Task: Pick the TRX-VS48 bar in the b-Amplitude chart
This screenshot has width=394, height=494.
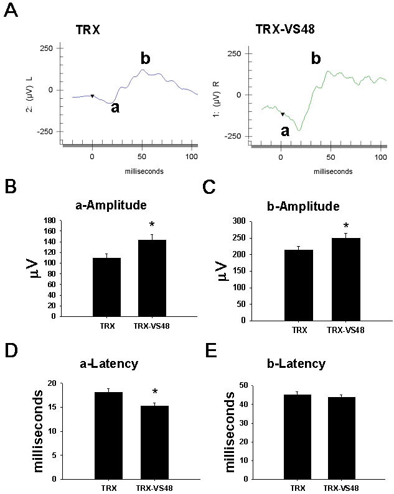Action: [337, 279]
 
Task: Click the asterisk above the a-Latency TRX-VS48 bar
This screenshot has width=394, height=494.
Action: [154, 393]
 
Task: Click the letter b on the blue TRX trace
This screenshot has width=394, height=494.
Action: [146, 59]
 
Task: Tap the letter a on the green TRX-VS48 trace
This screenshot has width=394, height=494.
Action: [284, 131]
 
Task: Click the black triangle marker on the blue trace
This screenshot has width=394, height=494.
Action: [93, 96]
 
